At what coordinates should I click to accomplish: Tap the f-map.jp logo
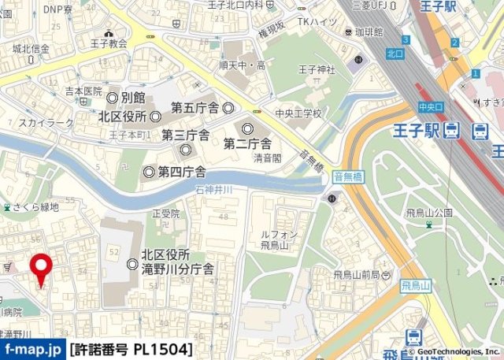[x=32, y=348]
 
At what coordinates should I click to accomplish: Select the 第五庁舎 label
[x=195, y=106]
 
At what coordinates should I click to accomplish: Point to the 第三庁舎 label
[x=185, y=135]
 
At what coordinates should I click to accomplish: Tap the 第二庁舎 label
[x=247, y=143]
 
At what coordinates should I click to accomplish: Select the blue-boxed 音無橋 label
[x=347, y=178]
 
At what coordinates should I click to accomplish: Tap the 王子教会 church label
[x=108, y=44]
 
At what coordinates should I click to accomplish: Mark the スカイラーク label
[x=46, y=123]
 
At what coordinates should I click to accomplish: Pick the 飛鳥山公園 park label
[x=426, y=213]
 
